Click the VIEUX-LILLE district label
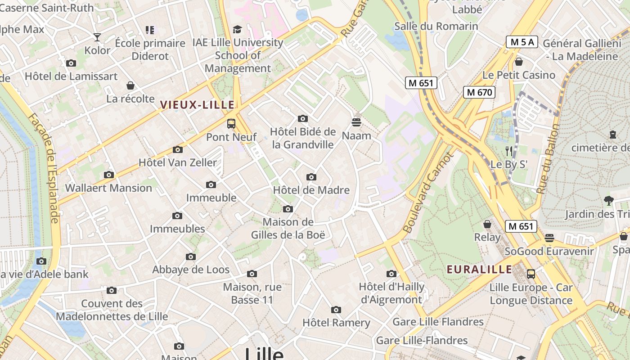(197, 105)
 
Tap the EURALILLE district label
(479, 270)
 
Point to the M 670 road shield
(479, 92)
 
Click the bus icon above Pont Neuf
(231, 124)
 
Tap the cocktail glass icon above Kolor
(97, 37)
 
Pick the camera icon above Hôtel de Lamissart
(71, 63)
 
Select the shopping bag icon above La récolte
(130, 85)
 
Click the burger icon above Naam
(356, 122)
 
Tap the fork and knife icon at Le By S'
(509, 151)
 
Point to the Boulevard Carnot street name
(428, 193)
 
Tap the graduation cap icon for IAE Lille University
(237, 30)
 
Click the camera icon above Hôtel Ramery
(336, 310)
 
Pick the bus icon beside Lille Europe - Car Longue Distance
(531, 274)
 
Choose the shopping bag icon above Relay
(487, 224)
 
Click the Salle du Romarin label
(436, 26)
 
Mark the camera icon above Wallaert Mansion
(108, 175)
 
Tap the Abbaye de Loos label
(191, 270)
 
